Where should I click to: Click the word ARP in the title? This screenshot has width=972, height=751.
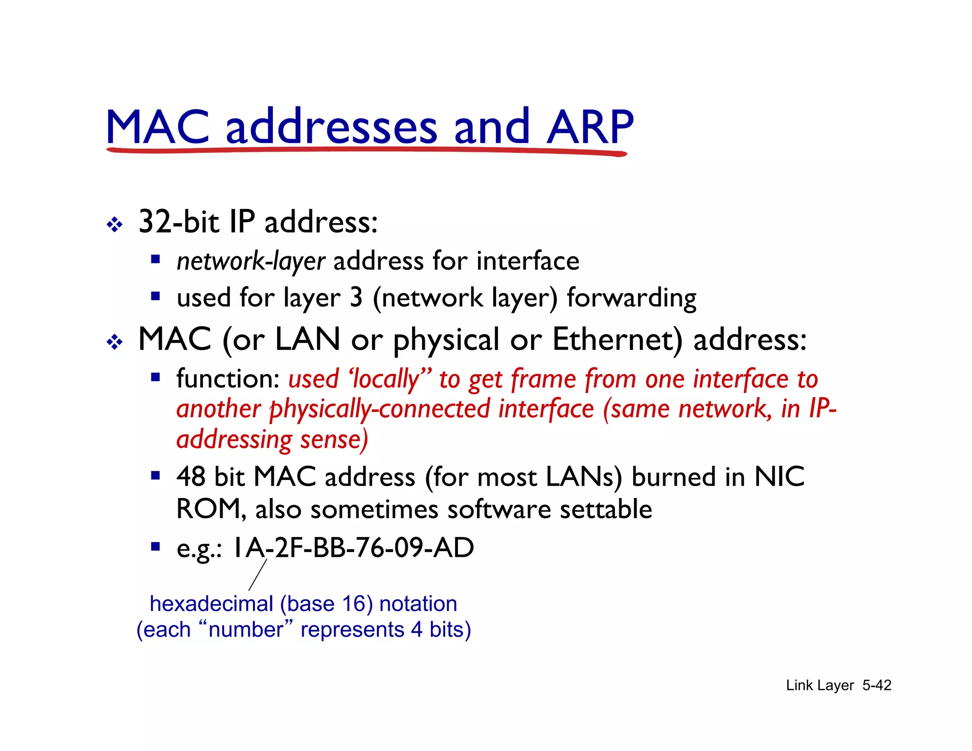tap(590, 127)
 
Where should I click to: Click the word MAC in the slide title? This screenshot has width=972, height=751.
tap(158, 127)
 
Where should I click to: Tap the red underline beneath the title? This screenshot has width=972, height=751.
tap(365, 151)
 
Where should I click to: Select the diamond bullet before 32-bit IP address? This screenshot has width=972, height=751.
tap(114, 224)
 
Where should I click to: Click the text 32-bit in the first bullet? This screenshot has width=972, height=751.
tap(178, 222)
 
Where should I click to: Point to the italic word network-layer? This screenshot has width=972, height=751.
tap(251, 261)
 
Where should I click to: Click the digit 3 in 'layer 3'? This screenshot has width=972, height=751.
tap(356, 298)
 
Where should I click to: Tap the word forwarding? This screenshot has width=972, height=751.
tap(631, 298)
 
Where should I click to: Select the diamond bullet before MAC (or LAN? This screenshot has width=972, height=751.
tap(114, 341)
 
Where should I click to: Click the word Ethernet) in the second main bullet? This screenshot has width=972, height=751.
tap(617, 339)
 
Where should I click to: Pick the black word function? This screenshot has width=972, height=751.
tap(228, 379)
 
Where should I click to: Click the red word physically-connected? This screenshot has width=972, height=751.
tap(380, 409)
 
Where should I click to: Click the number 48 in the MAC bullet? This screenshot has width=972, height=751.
tap(191, 477)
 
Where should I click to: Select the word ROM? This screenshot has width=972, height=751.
tap(211, 509)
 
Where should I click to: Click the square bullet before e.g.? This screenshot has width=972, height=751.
tap(155, 546)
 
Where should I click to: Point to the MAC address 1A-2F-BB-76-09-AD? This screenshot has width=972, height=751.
tap(353, 547)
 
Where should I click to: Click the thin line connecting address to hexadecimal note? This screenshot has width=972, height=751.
tap(258, 575)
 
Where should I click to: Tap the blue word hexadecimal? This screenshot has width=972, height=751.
tap(211, 604)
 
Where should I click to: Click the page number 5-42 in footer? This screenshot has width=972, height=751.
tap(877, 685)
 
